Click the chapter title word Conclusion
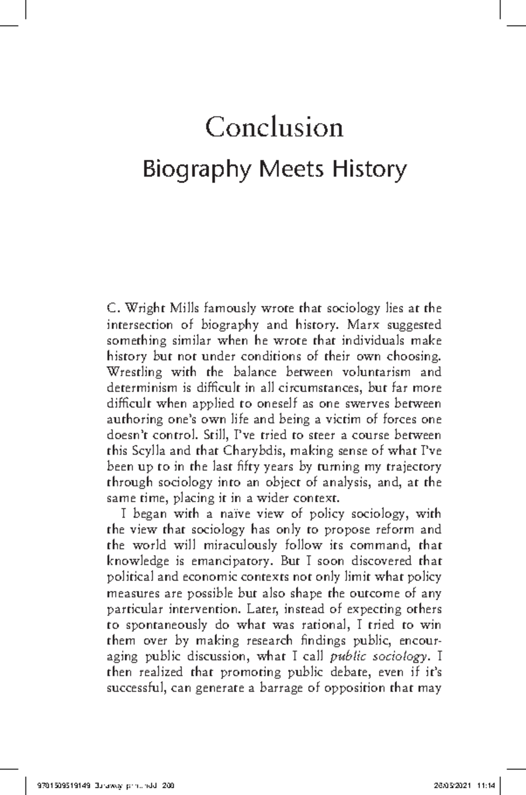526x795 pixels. coord(274,128)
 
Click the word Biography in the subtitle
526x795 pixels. coord(198,170)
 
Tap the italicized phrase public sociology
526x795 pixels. coord(378,656)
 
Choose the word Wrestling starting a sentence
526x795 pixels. coord(135,372)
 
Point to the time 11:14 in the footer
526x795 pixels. coord(490,784)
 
